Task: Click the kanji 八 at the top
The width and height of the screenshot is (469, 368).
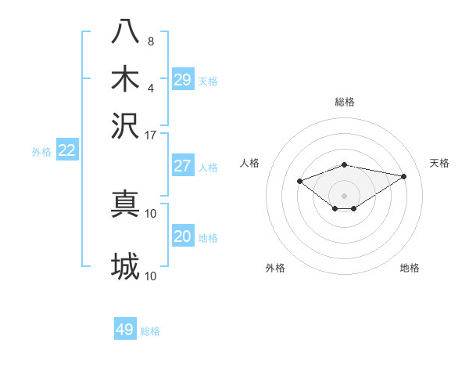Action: pos(126,31)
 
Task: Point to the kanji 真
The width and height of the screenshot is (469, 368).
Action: pos(126,204)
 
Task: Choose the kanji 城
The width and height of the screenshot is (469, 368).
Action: pos(126,266)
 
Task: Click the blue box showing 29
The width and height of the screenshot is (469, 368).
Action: pos(183,79)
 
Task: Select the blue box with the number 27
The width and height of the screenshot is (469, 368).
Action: pos(183,166)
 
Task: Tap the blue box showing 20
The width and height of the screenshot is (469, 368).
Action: pos(183,236)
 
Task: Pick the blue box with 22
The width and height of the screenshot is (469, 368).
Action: pos(67,151)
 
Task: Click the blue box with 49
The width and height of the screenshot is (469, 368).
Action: pos(125,330)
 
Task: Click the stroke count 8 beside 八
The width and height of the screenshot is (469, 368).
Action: pos(151,41)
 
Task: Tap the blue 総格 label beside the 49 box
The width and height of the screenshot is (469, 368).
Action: pos(150,331)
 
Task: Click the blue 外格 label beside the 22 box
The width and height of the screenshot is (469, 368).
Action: pos(41,153)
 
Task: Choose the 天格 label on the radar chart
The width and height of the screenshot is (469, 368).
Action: pos(439,163)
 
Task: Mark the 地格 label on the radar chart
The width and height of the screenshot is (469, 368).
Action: pos(410,269)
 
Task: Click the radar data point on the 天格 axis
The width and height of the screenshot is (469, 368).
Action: pos(403,176)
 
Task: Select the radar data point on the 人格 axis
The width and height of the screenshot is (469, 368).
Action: pos(299,181)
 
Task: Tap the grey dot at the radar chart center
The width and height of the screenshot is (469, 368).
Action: pos(345,195)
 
